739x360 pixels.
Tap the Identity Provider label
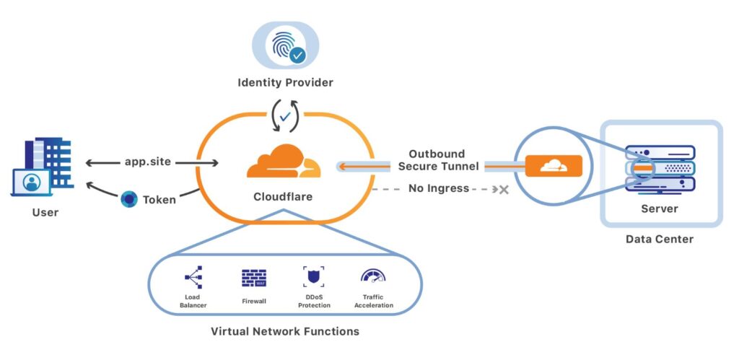pyautogui.click(x=285, y=83)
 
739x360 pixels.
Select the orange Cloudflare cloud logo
pyautogui.click(x=283, y=161)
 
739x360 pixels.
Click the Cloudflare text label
pyautogui.click(x=283, y=196)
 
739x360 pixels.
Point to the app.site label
pyautogui.click(x=147, y=162)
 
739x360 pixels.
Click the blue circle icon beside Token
pyautogui.click(x=129, y=199)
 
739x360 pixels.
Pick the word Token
pyautogui.click(x=159, y=200)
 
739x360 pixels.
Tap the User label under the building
pyautogui.click(x=45, y=213)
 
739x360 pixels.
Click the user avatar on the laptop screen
pyautogui.click(x=32, y=182)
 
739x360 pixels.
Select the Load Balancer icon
pyautogui.click(x=193, y=277)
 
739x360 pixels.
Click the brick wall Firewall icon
pyautogui.click(x=254, y=278)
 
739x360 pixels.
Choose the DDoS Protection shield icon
pyautogui.click(x=314, y=277)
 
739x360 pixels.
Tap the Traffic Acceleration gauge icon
pyautogui.click(x=373, y=276)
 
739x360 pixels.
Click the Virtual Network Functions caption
pyautogui.click(x=284, y=331)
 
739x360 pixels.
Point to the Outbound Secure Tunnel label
pyautogui.click(x=438, y=160)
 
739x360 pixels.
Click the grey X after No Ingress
pyautogui.click(x=504, y=190)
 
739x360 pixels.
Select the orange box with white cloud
pyautogui.click(x=554, y=165)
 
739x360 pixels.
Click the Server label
pyautogui.click(x=660, y=208)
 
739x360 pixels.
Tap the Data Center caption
pyautogui.click(x=660, y=240)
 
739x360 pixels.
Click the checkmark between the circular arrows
pyautogui.click(x=285, y=116)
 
